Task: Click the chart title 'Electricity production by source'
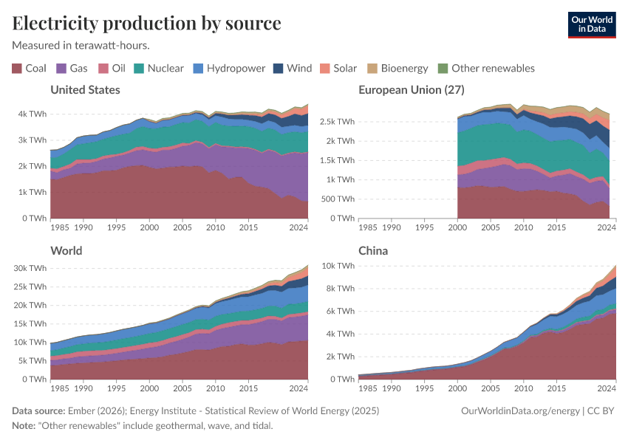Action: click(x=146, y=23)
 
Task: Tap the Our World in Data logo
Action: click(x=591, y=24)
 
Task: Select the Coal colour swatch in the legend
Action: click(x=17, y=68)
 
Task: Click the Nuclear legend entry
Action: click(x=158, y=68)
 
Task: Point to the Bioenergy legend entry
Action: click(x=397, y=68)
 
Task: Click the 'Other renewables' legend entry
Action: click(x=486, y=68)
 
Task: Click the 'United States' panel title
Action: click(x=85, y=90)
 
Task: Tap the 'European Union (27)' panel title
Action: click(x=411, y=90)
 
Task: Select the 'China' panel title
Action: click(x=373, y=251)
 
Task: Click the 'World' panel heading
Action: click(x=66, y=251)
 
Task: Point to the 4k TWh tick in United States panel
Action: click(x=31, y=114)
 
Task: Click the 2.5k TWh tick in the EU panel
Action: click(x=336, y=121)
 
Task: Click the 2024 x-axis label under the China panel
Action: click(x=606, y=388)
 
